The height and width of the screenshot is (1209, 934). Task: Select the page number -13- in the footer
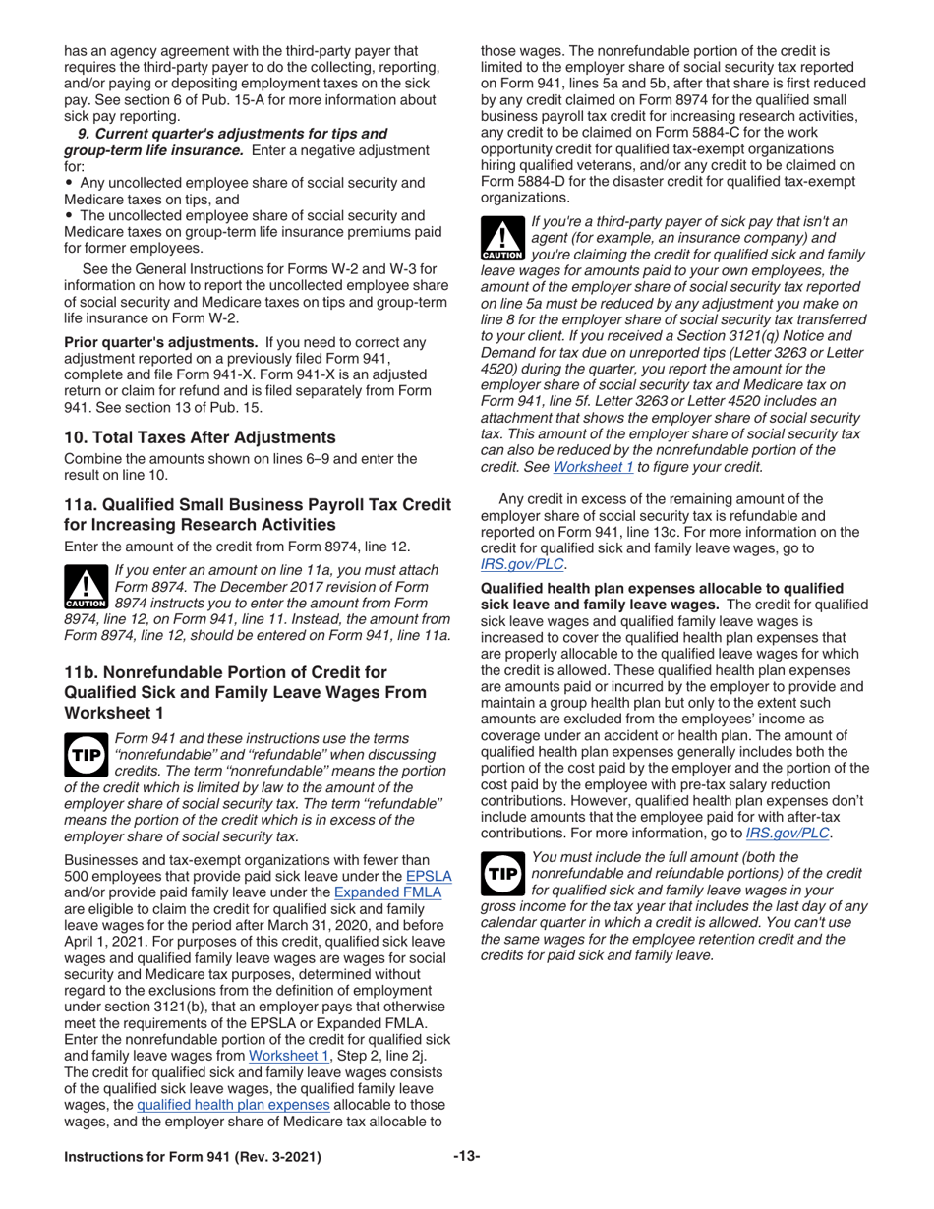(x=466, y=1157)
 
